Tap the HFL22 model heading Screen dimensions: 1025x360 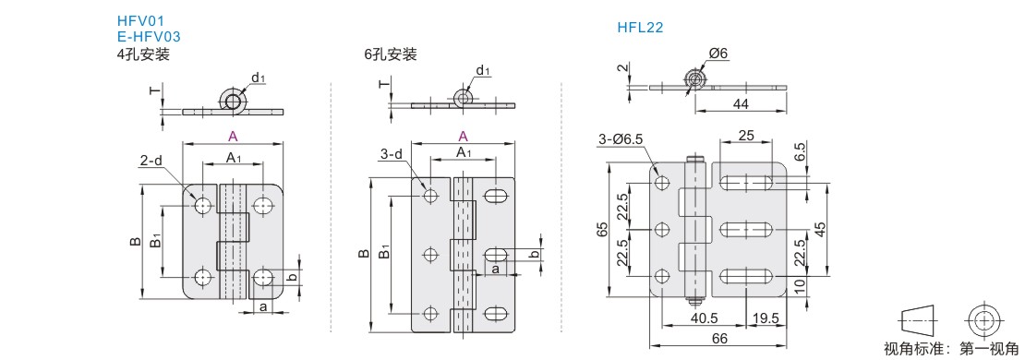coord(641,28)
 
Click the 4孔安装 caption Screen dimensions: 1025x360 coord(143,54)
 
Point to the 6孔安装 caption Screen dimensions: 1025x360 coord(391,54)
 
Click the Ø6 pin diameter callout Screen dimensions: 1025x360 coord(717,54)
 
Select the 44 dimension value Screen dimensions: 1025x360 coord(742,103)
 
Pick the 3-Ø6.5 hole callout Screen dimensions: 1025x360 coord(621,138)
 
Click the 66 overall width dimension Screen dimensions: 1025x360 coord(719,339)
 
